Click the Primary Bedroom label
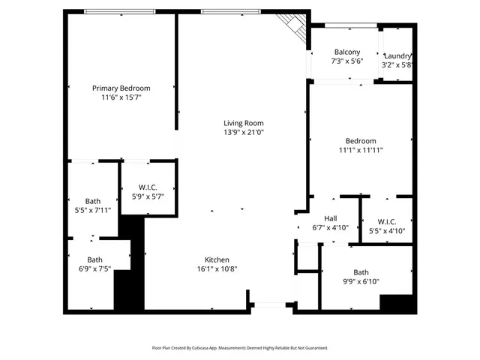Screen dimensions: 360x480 (121, 88)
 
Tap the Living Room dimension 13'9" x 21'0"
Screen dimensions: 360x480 (244, 132)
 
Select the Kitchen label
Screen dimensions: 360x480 (217, 259)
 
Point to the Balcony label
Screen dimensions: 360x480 (346, 52)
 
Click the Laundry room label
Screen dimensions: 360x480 (397, 56)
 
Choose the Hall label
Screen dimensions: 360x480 (330, 219)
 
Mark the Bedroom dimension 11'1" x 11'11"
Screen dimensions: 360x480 (361, 150)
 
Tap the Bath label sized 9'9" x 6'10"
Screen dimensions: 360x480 (361, 272)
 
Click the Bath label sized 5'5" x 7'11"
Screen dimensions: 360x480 (92, 201)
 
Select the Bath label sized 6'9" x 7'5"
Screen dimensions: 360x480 (92, 259)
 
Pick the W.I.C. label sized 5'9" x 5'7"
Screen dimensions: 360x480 (148, 187)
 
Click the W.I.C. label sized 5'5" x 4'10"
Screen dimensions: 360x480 (387, 221)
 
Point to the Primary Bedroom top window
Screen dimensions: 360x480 (120, 11)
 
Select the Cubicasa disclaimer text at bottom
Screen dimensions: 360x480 (240, 348)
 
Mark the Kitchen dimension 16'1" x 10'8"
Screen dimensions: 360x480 (217, 268)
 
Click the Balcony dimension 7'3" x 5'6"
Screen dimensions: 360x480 (346, 61)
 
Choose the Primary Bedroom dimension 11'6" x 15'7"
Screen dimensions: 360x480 (121, 97)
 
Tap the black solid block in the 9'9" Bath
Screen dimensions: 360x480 (397, 303)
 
